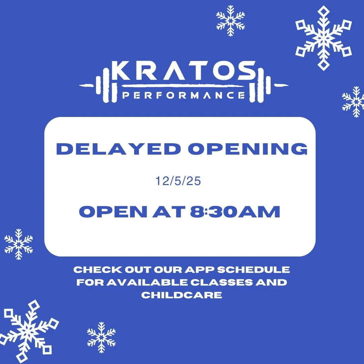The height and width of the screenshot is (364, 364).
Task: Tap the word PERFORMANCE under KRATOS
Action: coord(183,95)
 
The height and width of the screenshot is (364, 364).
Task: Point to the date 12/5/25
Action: coord(178,181)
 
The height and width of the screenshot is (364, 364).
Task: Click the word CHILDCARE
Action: coord(182,295)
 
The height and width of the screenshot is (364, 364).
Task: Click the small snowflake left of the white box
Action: coord(19,244)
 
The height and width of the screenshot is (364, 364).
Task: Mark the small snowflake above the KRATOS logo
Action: coord(231,20)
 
